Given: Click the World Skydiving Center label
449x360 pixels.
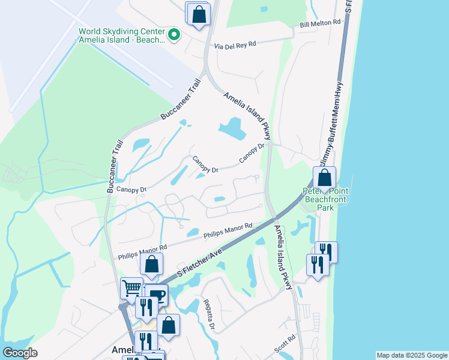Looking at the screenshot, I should coord(120,35).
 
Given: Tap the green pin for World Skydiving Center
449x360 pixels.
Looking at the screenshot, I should coord(174,35).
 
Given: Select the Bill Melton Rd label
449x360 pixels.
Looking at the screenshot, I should coord(320,23).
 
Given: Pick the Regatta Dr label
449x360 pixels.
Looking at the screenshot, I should coord(208,314).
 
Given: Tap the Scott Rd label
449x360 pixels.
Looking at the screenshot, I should coord(286,343).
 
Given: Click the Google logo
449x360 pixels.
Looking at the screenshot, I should coord(20,352).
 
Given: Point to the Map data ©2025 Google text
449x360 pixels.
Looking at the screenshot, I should coord(411,355).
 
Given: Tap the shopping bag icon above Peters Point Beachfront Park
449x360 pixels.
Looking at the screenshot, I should coord(324,178).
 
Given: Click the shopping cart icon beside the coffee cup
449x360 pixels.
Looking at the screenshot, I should coord(131,287).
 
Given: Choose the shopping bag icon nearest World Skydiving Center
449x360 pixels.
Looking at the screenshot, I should coord(199,14).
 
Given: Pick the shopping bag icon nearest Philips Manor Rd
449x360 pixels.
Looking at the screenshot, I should coord(152,263).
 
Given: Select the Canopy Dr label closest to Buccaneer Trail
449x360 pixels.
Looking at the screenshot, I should coord(131,190).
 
